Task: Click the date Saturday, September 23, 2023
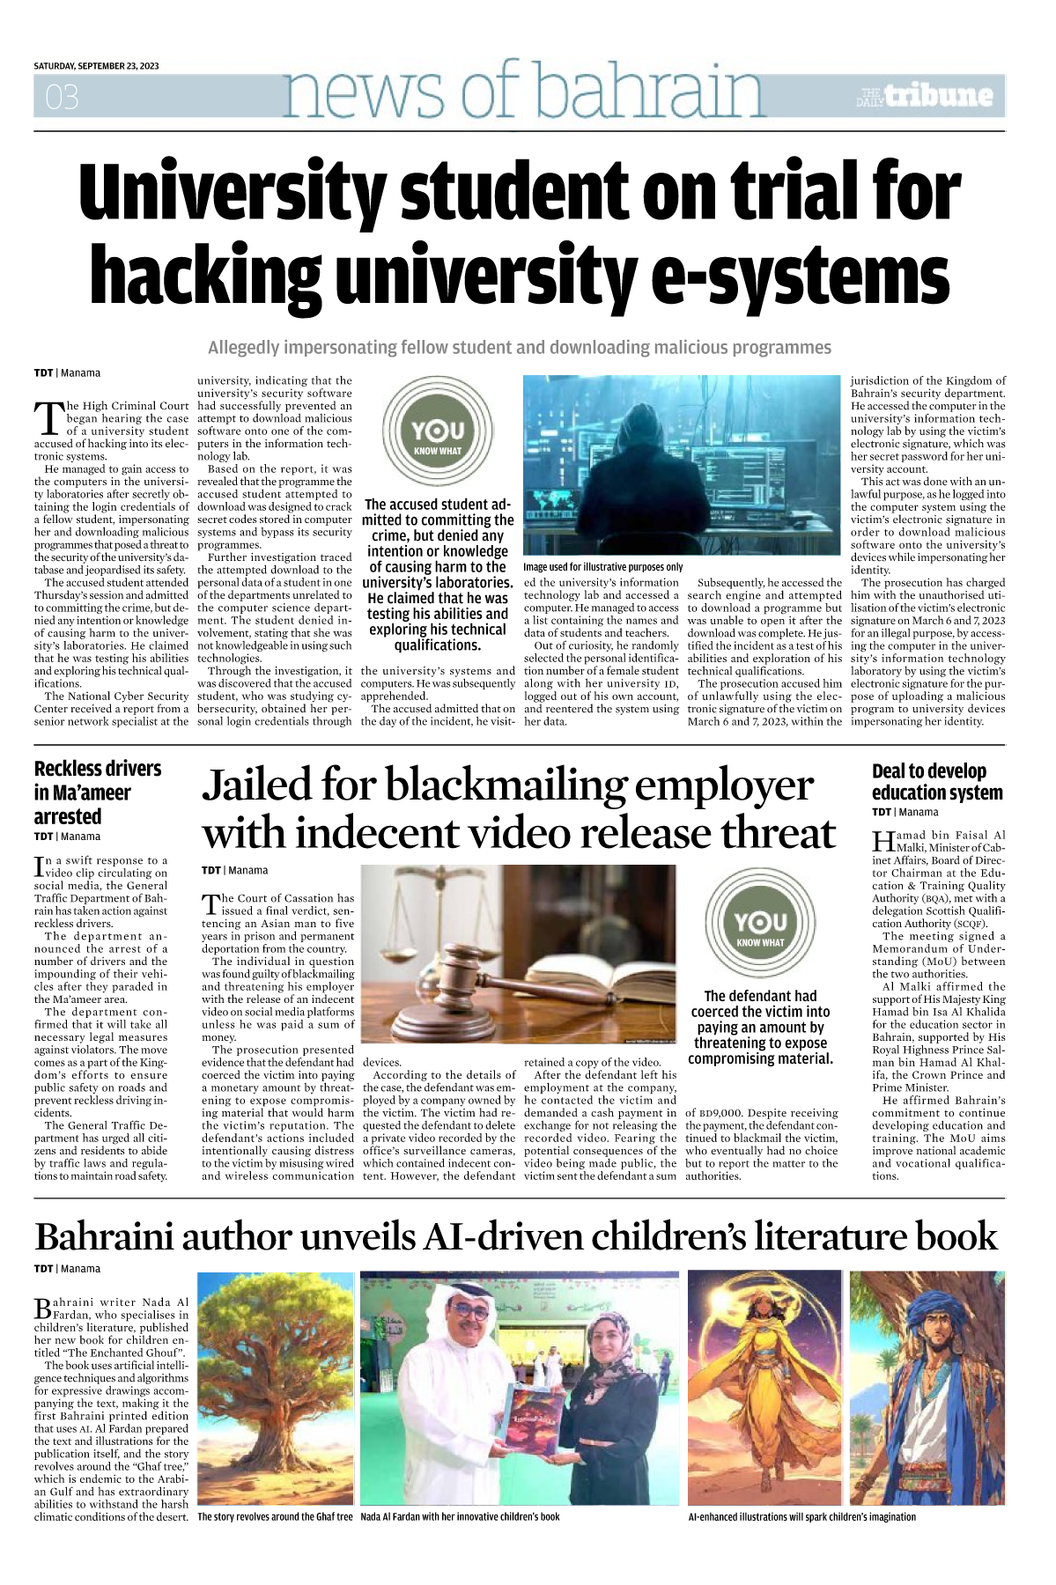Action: click(96, 66)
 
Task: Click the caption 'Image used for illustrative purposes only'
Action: click(602, 567)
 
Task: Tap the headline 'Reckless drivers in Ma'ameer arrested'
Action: click(97, 792)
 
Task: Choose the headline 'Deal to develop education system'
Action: click(936, 782)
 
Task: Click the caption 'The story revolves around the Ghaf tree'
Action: click(275, 1516)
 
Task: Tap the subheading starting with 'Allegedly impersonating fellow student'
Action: click(520, 348)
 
